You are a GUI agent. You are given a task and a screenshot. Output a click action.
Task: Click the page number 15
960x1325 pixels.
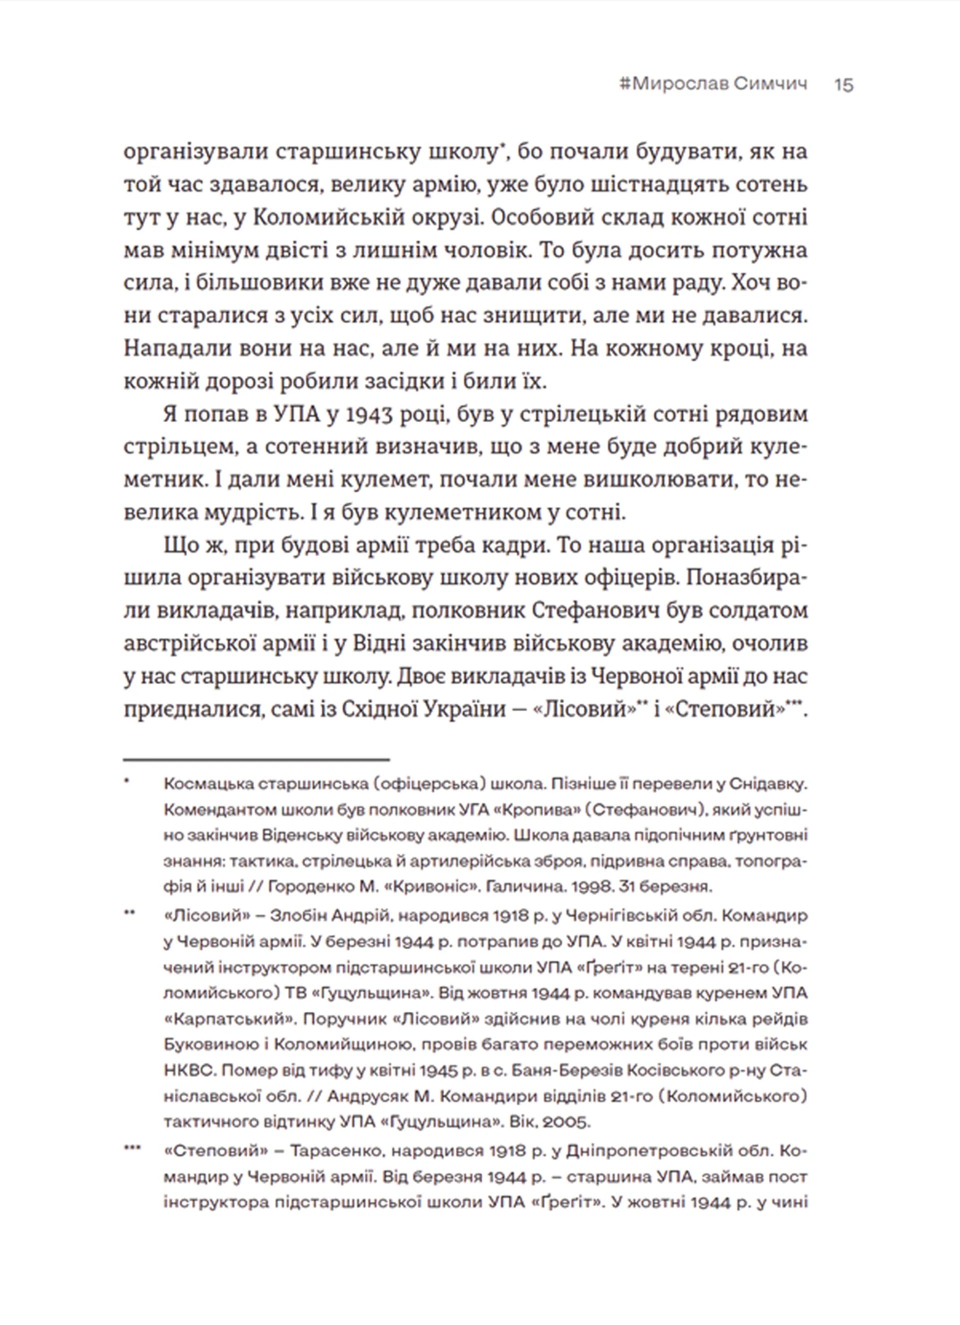pos(843,85)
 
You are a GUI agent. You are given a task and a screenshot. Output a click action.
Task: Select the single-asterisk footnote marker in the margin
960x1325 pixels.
pos(127,781)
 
